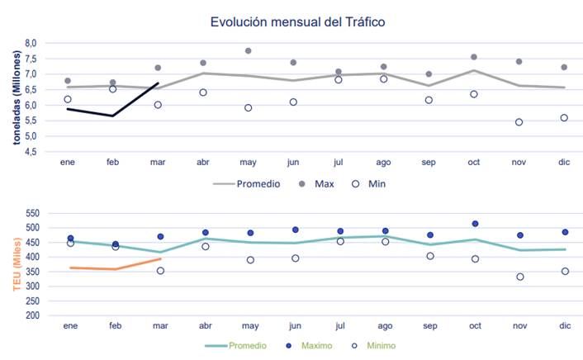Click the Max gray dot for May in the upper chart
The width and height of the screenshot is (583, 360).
pos(248,51)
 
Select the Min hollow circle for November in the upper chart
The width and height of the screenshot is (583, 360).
pos(519,122)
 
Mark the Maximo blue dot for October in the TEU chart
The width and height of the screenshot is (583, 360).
pos(475,224)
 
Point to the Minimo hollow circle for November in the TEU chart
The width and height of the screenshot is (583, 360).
pos(519,277)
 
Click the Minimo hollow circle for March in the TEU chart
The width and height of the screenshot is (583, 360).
pos(159,271)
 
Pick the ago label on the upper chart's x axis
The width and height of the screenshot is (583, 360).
pos(384,163)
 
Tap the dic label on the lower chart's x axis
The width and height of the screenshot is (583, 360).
pos(565,326)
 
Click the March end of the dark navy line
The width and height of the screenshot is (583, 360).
pos(158,83)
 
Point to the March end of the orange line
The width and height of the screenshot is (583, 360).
pos(159,258)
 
